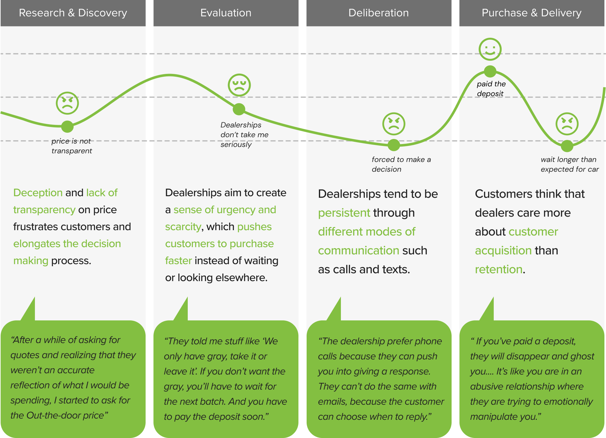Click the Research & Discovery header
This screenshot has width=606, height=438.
point(73,13)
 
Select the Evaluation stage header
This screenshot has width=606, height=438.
point(226,13)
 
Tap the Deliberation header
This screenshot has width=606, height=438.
point(379,13)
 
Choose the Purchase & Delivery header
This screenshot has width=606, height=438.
point(531,13)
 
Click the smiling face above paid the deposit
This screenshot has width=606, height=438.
point(490,49)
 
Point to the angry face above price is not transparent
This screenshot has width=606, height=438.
point(67,103)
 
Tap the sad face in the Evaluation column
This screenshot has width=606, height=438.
point(239,85)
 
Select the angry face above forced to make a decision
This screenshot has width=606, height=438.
point(394,124)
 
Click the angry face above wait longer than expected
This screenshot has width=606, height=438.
point(567,124)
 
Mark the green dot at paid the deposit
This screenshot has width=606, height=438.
point(490,71)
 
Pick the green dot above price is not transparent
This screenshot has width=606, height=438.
point(67,126)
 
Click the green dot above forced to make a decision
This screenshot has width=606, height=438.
point(394,145)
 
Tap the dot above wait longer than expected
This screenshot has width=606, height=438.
point(567,146)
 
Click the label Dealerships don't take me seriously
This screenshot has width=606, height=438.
point(244,135)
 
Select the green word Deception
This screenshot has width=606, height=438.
point(38,193)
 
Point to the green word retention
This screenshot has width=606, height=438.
point(498,269)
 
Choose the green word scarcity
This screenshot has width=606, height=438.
point(183,227)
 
